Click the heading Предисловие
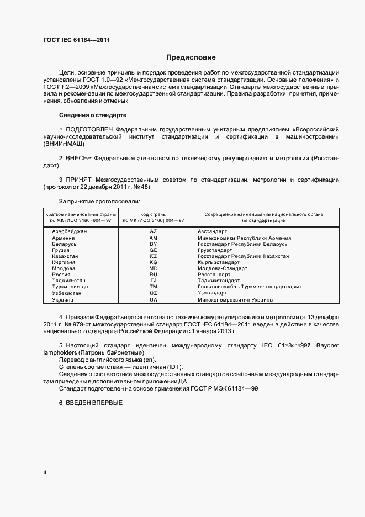point(191,57)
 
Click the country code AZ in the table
point(154,231)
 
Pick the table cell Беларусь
point(64,244)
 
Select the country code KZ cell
point(154,256)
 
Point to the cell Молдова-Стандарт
point(222,268)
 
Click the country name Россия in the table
point(61,275)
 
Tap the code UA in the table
point(154,299)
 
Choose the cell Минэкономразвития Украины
point(235,299)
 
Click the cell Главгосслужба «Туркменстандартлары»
point(250,287)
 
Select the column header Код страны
point(154,214)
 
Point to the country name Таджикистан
point(68,281)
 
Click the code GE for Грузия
point(154,250)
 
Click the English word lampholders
point(62,367)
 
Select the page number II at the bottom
point(45,472)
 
